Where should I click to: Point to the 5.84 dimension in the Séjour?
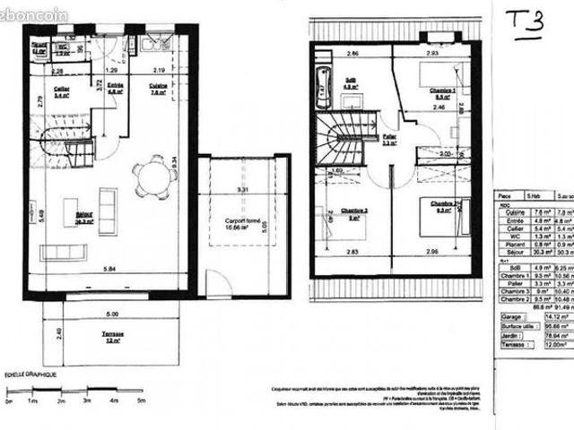click(x=109, y=269)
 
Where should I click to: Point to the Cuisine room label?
click(x=158, y=88)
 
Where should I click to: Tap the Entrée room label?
click(x=115, y=88)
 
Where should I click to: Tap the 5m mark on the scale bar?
click(x=141, y=402)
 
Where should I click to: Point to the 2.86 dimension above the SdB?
click(x=329, y=55)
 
